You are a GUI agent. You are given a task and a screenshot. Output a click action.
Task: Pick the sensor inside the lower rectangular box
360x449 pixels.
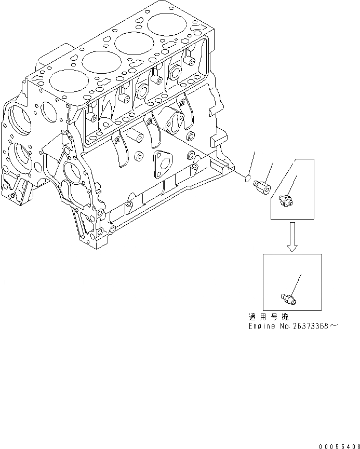coord(289,296)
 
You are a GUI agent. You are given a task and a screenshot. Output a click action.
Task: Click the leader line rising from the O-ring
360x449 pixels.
coord(251,164)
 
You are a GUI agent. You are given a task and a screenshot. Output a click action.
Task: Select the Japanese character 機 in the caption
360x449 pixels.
coord(286,317)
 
